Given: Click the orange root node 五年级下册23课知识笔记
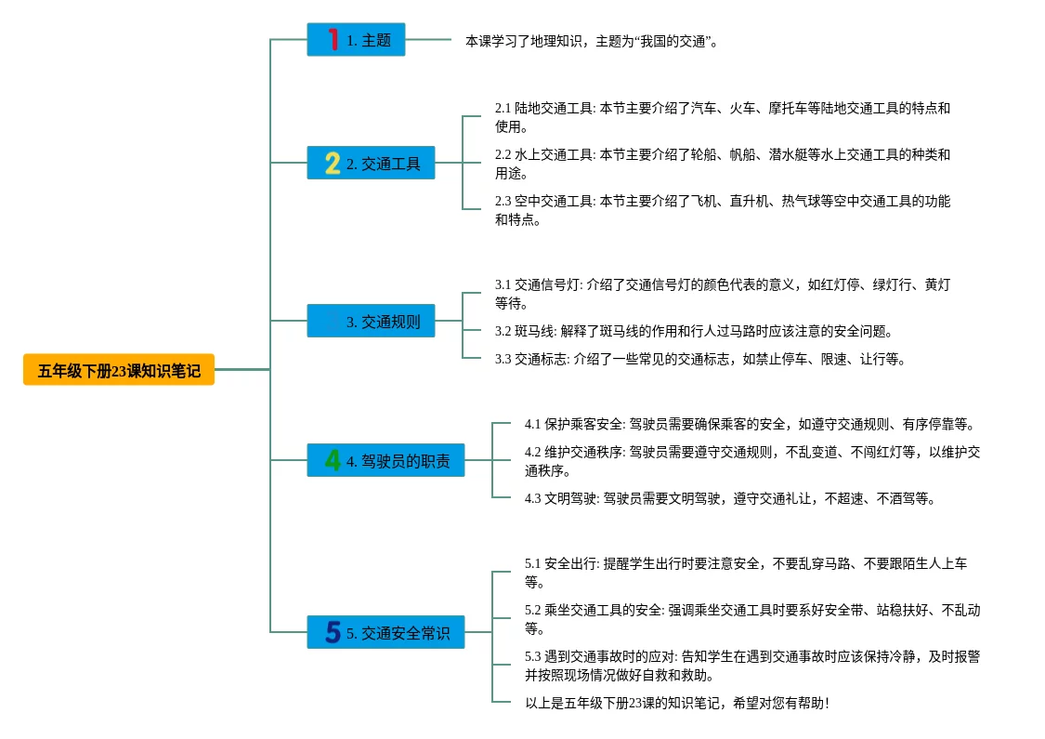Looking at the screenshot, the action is pyautogui.click(x=119, y=370).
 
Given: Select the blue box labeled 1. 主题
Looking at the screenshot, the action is pyautogui.click(x=356, y=40).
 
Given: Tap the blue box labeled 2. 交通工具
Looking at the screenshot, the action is pyautogui.click(x=371, y=164).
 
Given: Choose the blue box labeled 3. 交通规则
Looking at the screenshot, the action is pyautogui.click(x=371, y=322).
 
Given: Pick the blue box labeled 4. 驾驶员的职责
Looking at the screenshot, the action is pyautogui.click(x=385, y=460).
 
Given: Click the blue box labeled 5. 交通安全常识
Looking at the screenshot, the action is pyautogui.click(x=385, y=633).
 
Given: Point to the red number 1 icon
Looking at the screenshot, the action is pyautogui.click(x=333, y=40).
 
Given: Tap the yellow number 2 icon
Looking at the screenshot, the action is pyautogui.click(x=333, y=164).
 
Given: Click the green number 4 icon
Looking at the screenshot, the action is pyautogui.click(x=333, y=460).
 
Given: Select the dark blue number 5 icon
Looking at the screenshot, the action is pyautogui.click(x=333, y=633).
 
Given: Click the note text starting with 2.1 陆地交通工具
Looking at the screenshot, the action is pyautogui.click(x=722, y=117).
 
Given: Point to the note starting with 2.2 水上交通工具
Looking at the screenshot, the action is pyautogui.click(x=722, y=164).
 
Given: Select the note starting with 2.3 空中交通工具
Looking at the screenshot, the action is pyautogui.click(x=722, y=210).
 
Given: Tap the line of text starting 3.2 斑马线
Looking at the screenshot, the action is pyautogui.click(x=693, y=331).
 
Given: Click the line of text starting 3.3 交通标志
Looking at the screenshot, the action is pyautogui.click(x=699, y=359).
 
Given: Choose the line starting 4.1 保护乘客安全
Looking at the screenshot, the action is pyautogui.click(x=750, y=424).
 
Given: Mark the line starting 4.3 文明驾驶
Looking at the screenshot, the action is pyautogui.click(x=729, y=498).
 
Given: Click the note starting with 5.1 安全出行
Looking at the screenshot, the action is pyautogui.click(x=745, y=573).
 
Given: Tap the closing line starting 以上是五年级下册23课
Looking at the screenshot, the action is pyautogui.click(x=676, y=703).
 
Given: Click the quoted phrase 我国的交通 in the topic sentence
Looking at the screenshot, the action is pyautogui.click(x=673, y=41).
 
